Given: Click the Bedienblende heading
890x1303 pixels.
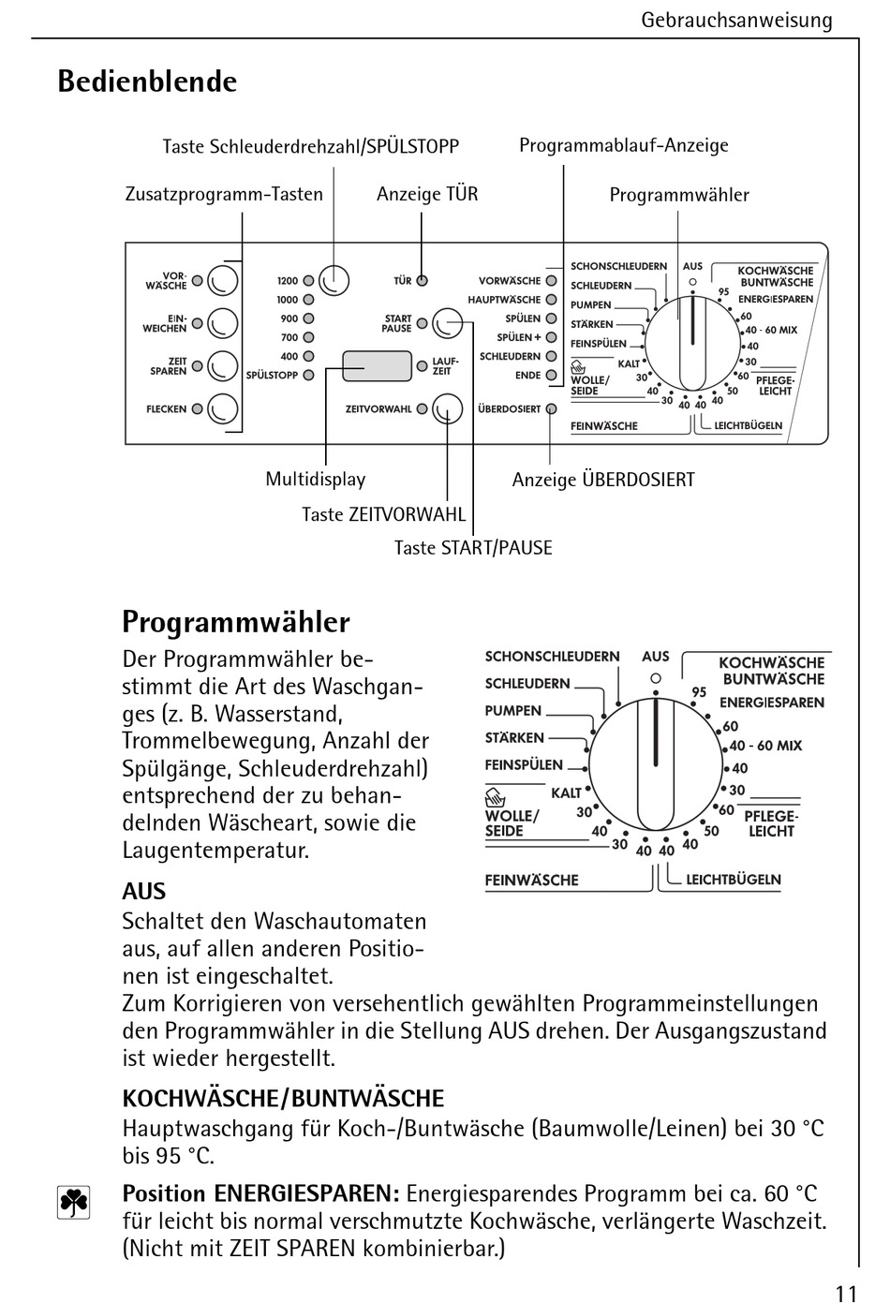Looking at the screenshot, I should (147, 81).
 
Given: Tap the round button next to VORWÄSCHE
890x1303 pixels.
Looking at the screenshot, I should (223, 280).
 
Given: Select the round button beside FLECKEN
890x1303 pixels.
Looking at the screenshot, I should (223, 408).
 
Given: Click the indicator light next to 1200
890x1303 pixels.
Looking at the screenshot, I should (307, 281).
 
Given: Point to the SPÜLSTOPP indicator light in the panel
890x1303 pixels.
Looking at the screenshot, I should (307, 375).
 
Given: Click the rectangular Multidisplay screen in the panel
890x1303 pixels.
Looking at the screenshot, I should (377, 366).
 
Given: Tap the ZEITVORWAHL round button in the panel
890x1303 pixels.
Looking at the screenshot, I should (448, 408).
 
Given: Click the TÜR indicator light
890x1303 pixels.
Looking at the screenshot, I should (423, 281).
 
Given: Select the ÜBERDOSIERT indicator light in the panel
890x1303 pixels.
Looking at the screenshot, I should (551, 408).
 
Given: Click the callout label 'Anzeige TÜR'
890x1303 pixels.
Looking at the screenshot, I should (427, 194).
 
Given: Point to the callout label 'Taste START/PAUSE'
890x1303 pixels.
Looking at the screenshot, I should (473, 548).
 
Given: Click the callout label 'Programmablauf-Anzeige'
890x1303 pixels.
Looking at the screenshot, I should (624, 145).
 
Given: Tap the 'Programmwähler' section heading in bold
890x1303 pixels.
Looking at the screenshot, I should (236, 622).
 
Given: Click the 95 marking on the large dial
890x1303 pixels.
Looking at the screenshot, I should (699, 692).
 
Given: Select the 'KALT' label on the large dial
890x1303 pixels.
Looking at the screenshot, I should (566, 792).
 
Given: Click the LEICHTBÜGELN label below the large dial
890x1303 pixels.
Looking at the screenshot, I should (733, 880).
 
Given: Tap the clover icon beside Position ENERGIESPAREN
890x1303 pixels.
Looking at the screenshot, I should (74, 1203).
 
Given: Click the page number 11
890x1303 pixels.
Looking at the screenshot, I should (846, 1293).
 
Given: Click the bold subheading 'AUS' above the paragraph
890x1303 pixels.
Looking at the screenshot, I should (143, 891).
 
